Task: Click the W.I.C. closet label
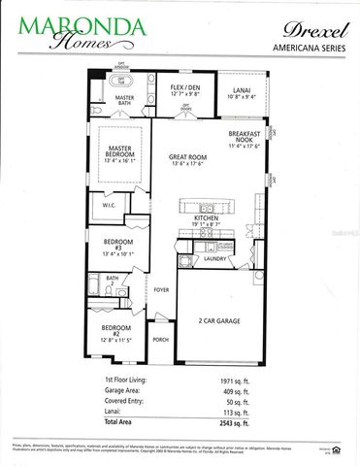point(109,205)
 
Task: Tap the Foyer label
point(160,288)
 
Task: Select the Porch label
point(160,341)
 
